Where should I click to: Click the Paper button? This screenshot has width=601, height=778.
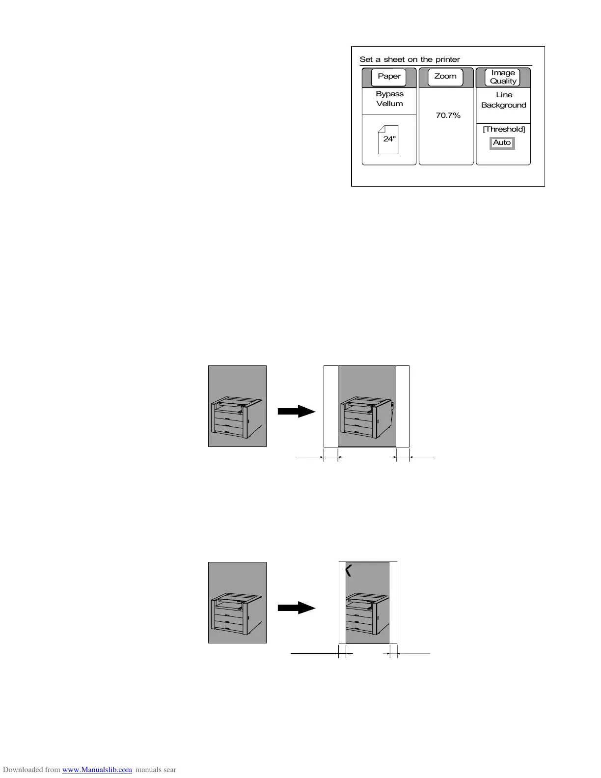[x=389, y=77]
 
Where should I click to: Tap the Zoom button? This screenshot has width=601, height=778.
[x=445, y=77]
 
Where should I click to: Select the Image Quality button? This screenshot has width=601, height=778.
[x=503, y=77]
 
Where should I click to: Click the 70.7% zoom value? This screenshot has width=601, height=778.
[x=448, y=115]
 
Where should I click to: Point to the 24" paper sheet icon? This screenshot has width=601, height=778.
[x=388, y=139]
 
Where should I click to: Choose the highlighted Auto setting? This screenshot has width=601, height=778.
[x=502, y=143]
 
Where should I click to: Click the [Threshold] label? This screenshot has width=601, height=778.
[x=504, y=129]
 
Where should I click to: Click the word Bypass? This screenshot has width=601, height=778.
[x=389, y=94]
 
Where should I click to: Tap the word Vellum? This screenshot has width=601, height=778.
[x=389, y=104]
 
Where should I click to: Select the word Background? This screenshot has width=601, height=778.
[x=503, y=105]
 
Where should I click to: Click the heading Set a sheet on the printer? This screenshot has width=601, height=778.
[x=410, y=59]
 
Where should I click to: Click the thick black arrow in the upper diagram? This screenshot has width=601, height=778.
[x=296, y=411]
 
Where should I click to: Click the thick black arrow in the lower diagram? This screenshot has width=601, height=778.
[x=296, y=608]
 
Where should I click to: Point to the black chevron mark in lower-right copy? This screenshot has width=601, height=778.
[x=349, y=570]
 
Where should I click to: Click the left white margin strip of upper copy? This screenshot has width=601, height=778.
[x=331, y=406]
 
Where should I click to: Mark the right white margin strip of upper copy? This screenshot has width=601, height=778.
[x=403, y=406]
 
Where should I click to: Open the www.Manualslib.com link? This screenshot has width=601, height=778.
[x=97, y=770]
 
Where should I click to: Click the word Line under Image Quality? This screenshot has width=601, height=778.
[x=504, y=95]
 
